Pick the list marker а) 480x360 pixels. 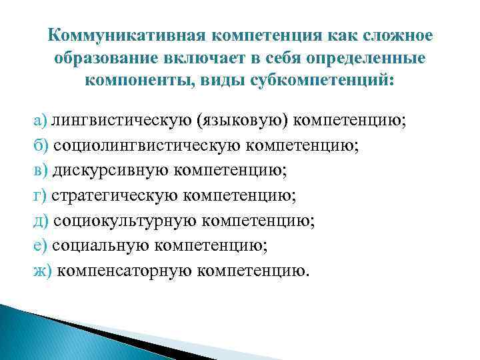tap(40, 121)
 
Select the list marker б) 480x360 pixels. tap(40, 146)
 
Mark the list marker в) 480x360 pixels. tap(40, 171)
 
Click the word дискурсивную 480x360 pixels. tap(110, 171)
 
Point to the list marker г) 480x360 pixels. tap(39, 196)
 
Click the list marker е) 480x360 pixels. tap(40, 246)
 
